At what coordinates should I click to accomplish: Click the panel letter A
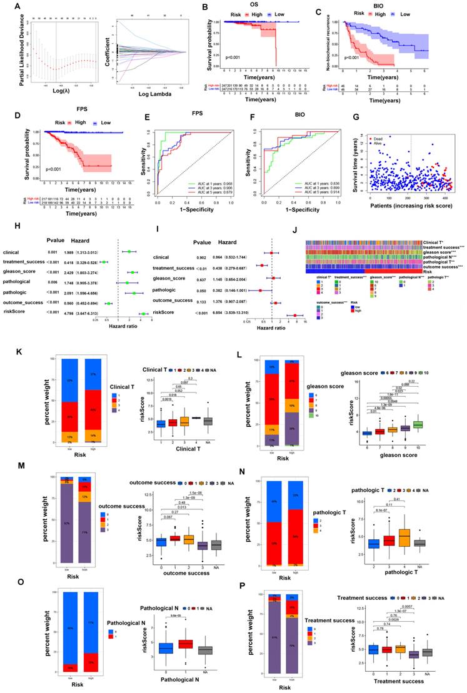(6, 7)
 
